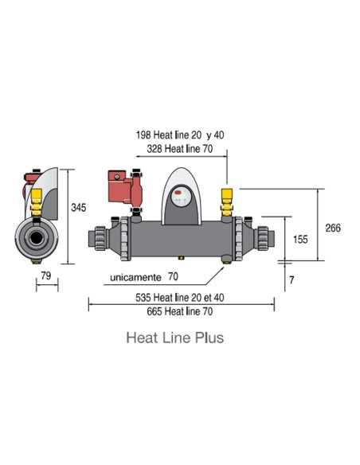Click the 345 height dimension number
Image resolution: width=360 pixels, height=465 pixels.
pos(77,208)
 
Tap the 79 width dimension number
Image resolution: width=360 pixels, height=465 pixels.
pos(45,278)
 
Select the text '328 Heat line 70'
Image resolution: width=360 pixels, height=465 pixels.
pos(180,149)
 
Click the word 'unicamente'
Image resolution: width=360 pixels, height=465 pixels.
pos(134,277)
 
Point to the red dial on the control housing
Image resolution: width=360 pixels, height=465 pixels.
pos(180,192)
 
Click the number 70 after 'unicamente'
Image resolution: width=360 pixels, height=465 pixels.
pos(173,277)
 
